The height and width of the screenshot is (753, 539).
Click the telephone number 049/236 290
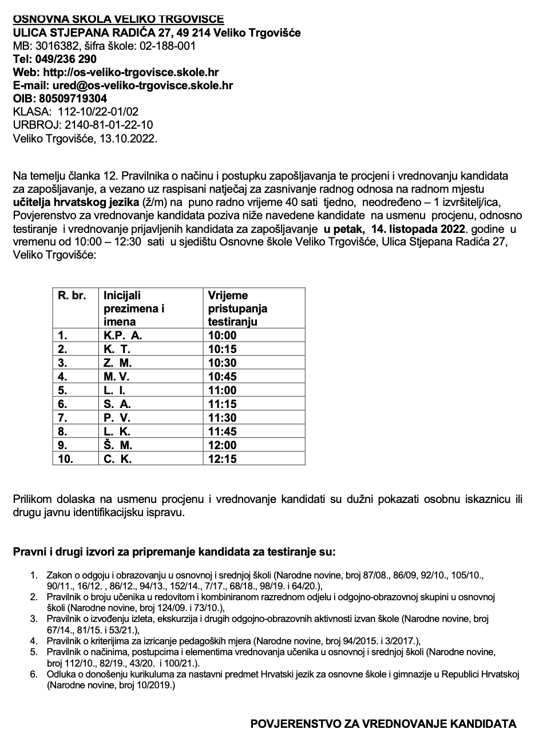(x=66, y=59)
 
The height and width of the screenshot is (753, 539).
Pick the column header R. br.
(x=72, y=296)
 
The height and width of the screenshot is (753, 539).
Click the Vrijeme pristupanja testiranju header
(x=237, y=308)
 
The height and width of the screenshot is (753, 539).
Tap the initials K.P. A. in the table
(x=122, y=335)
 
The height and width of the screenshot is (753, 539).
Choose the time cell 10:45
(x=222, y=376)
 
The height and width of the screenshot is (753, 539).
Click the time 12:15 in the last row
(x=222, y=459)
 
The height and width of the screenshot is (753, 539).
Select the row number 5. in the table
(x=63, y=390)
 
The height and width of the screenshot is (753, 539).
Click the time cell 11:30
(x=222, y=418)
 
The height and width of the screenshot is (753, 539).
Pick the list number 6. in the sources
(x=34, y=675)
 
